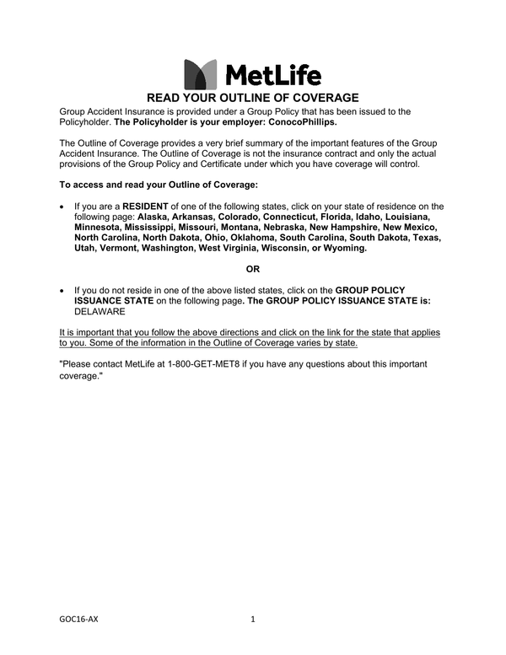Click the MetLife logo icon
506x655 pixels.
click(200, 74)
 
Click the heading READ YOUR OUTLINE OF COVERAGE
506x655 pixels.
click(253, 98)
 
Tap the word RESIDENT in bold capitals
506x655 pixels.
click(146, 206)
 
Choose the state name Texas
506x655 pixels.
click(426, 238)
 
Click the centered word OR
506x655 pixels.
click(253, 269)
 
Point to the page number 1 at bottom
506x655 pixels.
click(253, 620)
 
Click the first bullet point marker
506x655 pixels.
click(62, 207)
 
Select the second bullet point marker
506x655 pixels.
click(62, 290)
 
